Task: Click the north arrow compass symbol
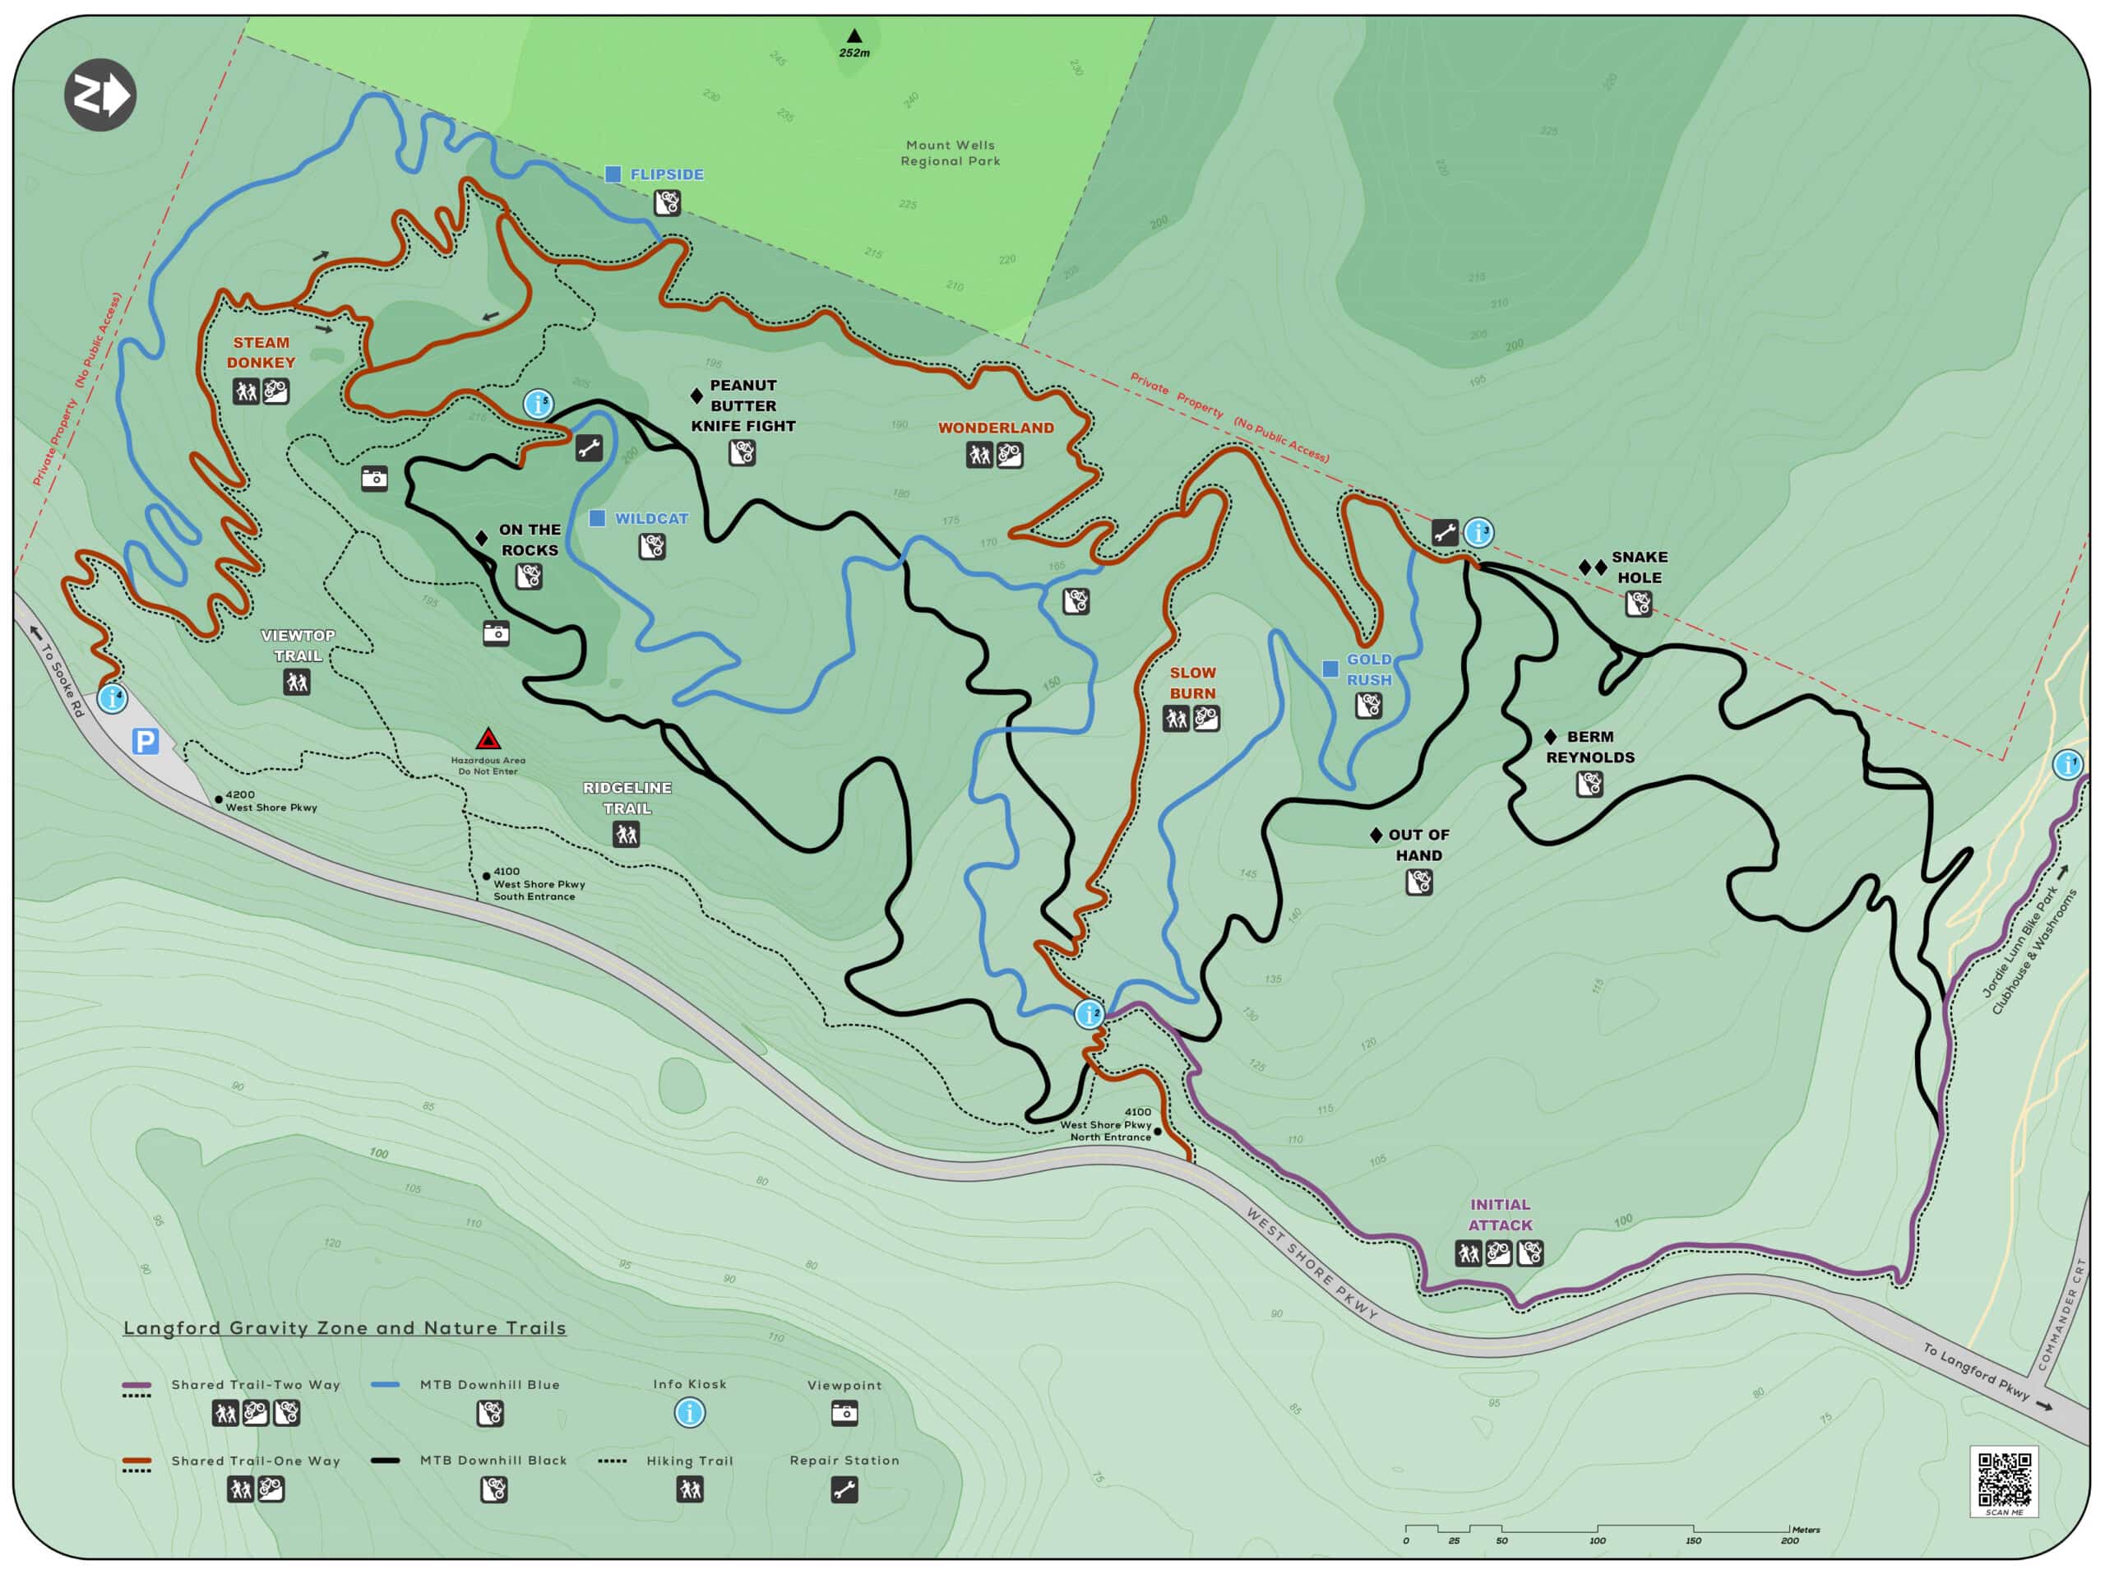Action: [x=100, y=95]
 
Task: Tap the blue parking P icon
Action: [x=145, y=742]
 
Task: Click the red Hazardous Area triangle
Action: [x=488, y=739]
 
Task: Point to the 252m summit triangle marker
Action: [x=854, y=36]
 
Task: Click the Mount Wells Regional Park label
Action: [x=950, y=153]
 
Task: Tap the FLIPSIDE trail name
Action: [x=666, y=174]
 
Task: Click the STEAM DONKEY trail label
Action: [x=261, y=352]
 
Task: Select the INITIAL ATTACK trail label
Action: [x=1500, y=1215]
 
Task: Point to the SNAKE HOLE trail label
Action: [x=1639, y=567]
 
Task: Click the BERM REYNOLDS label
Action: [x=1589, y=747]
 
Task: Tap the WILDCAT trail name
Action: [x=651, y=519]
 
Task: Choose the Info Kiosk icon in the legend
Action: [x=690, y=1412]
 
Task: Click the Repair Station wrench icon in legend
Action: [x=844, y=1489]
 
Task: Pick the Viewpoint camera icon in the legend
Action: [x=844, y=1414]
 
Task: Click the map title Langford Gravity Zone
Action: [x=345, y=1327]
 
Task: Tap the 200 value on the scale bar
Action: [x=1789, y=1541]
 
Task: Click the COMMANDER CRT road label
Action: [x=2061, y=1314]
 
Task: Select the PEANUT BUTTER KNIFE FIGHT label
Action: [x=743, y=405]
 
